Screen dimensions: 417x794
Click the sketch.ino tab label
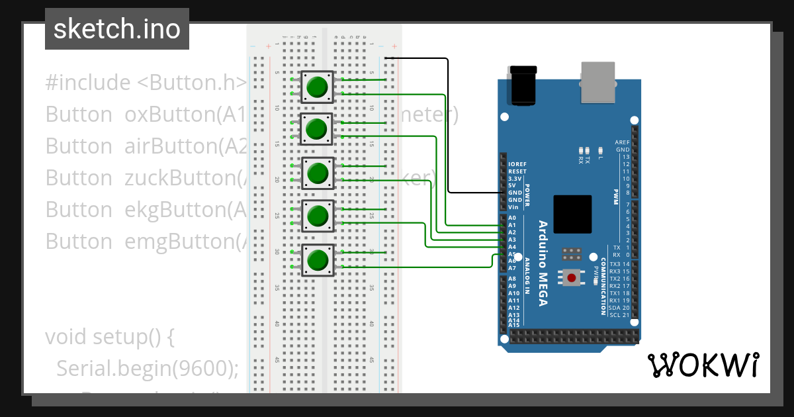(x=116, y=29)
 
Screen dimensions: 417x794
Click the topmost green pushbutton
(x=318, y=87)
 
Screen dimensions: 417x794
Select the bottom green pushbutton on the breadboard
(x=318, y=260)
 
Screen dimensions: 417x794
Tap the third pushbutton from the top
(x=318, y=173)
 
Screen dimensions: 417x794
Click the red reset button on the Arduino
(x=571, y=277)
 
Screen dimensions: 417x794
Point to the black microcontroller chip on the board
(x=572, y=214)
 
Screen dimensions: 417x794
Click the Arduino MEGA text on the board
(x=543, y=263)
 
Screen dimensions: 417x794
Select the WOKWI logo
(x=703, y=365)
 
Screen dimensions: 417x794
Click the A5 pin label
(x=512, y=254)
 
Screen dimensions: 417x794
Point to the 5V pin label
(x=512, y=185)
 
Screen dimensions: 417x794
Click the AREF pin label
(x=622, y=142)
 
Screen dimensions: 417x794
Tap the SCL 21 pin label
(x=619, y=315)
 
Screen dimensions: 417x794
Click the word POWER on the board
(x=527, y=197)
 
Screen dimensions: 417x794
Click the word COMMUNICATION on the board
(x=603, y=286)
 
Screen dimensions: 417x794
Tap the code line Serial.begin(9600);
(x=147, y=368)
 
